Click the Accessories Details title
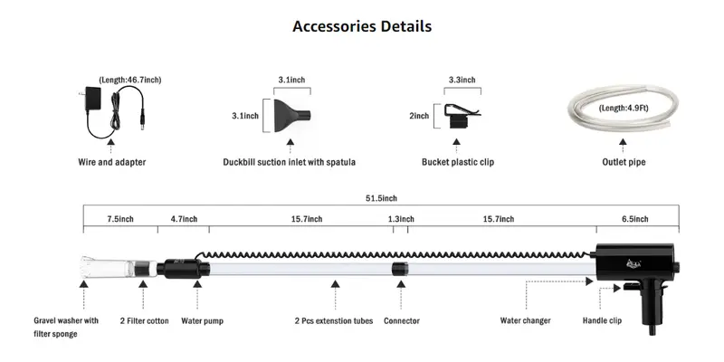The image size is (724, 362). click(x=362, y=26)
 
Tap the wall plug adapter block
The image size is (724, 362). click(x=92, y=98)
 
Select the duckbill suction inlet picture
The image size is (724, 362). click(x=291, y=116)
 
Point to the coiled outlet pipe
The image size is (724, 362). click(x=624, y=107)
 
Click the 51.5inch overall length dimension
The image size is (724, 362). click(x=381, y=198)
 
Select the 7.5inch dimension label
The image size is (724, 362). click(x=120, y=219)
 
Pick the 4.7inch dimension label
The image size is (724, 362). click(x=184, y=219)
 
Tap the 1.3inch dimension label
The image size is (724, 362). click(x=401, y=219)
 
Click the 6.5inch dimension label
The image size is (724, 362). click(x=635, y=219)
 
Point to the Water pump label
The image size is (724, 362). click(x=202, y=321)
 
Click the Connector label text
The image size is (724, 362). click(x=402, y=321)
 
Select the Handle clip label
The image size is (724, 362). click(x=602, y=320)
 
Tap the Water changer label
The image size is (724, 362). click(x=526, y=320)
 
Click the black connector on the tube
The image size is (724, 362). click(x=399, y=269)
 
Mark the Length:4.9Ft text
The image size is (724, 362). click(x=624, y=109)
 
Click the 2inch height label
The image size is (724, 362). click(x=419, y=117)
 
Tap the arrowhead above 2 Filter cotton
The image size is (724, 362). click(x=143, y=283)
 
